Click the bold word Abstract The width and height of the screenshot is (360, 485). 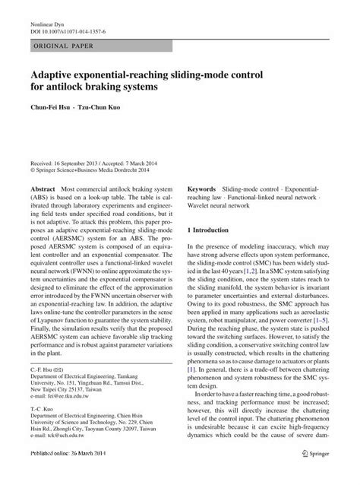[43, 188]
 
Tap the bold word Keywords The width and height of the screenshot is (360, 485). [202, 188]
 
